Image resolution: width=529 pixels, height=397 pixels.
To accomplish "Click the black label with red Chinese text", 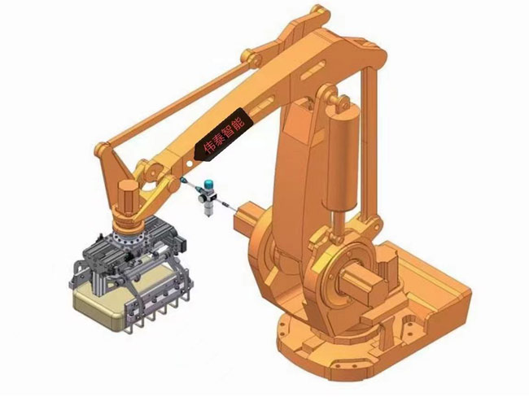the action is tap(223, 134).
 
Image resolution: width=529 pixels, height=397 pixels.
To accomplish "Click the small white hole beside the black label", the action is tap(190, 164).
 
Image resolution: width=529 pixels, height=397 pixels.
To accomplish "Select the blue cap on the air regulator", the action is tap(208, 184).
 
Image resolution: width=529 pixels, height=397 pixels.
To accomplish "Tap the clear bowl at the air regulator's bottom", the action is tap(209, 210).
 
